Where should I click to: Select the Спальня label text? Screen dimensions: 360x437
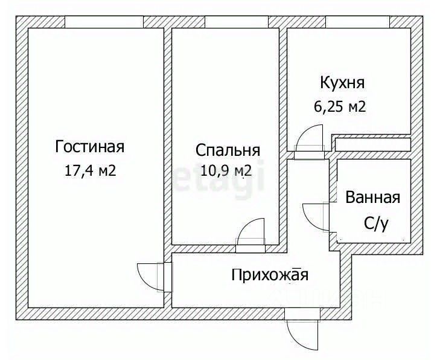tap(228, 150)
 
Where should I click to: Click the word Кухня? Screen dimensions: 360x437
tap(342, 83)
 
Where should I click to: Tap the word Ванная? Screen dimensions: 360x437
tap(372, 198)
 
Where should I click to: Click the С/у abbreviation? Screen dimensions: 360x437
tap(375, 223)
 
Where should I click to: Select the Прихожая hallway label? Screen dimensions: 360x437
tap(270, 275)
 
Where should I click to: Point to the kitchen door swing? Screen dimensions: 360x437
tap(311, 139)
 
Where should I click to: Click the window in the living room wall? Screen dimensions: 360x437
tap(104, 22)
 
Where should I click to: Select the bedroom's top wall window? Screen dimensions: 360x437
tap(237, 22)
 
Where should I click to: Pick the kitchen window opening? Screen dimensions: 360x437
tap(357, 22)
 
